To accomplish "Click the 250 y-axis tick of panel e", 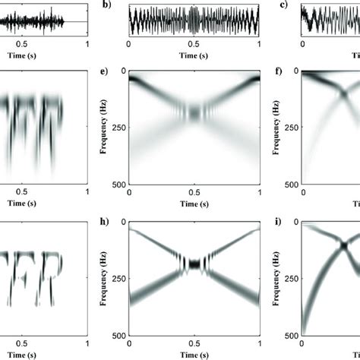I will [x=119, y=127].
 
